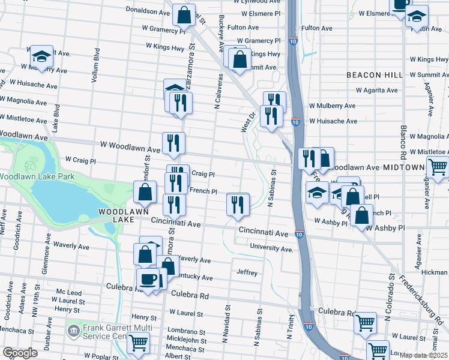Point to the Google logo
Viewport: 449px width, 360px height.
tap(20, 353)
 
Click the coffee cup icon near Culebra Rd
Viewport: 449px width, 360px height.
tap(148, 278)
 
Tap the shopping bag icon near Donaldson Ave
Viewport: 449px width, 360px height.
tap(184, 15)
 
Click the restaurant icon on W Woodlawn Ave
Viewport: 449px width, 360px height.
tap(173, 143)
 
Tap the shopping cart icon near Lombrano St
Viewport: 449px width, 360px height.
tap(139, 343)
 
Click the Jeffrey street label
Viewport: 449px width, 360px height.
tap(247, 273)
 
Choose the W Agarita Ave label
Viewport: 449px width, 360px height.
tap(377, 90)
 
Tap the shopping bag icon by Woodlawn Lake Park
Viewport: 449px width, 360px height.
tap(145, 192)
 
